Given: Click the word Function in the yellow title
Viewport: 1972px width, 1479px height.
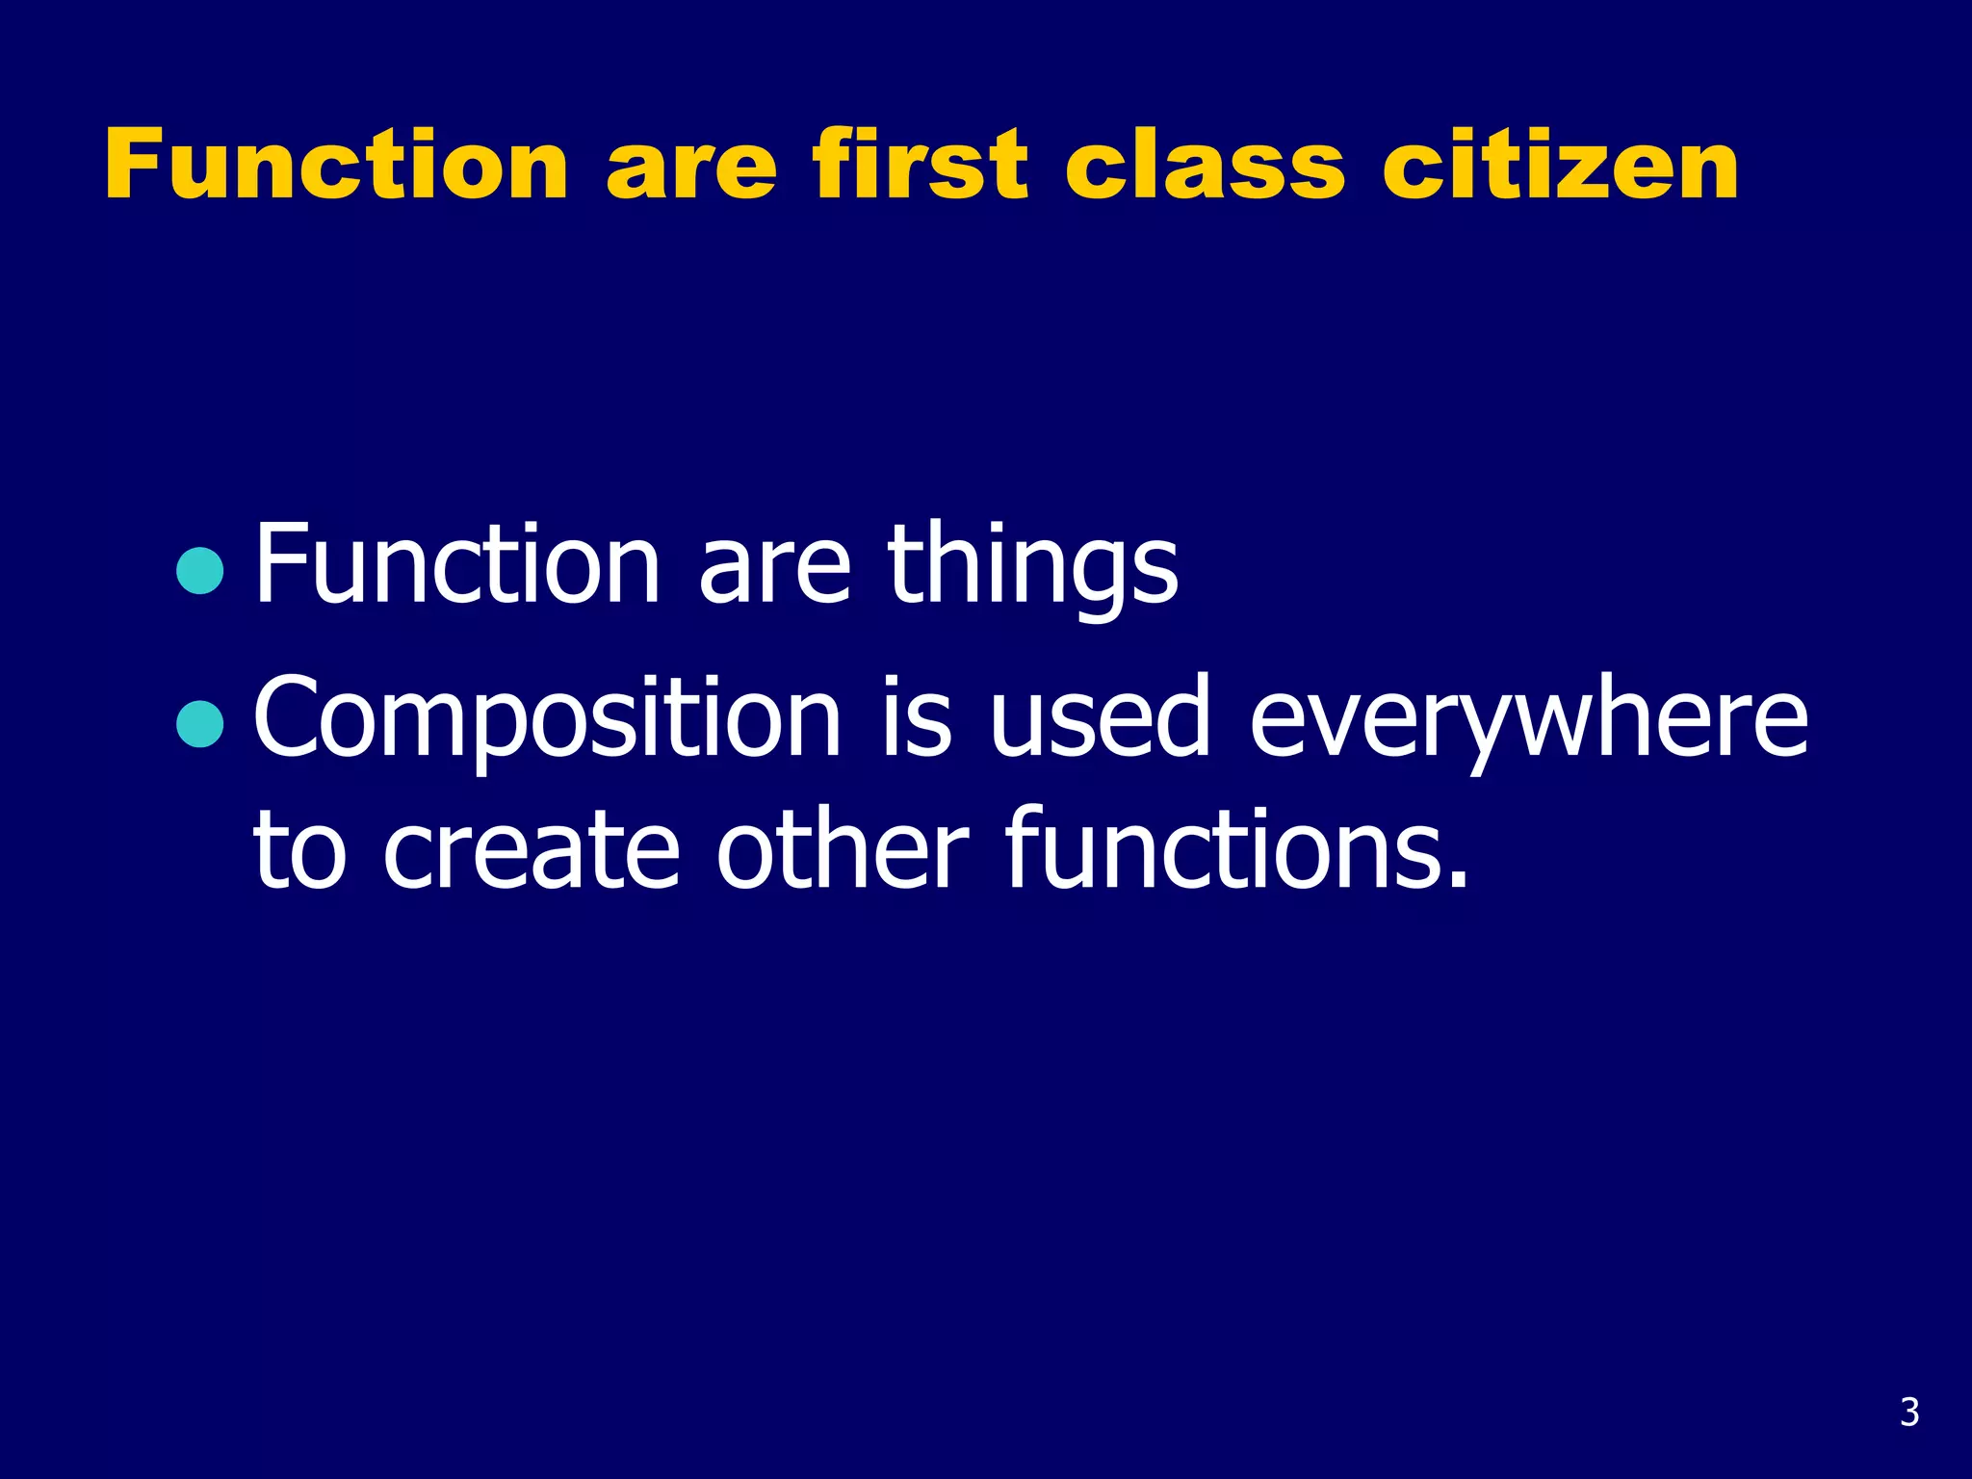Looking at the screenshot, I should click(336, 165).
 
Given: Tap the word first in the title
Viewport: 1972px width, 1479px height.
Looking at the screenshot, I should click(921, 165).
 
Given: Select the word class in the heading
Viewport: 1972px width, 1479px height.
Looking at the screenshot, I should click(1204, 165).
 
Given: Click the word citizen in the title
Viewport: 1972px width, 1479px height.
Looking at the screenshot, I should click(1560, 165).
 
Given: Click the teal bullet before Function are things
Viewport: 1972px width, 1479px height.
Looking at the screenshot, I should click(200, 570).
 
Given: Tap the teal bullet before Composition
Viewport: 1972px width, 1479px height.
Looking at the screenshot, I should click(200, 724).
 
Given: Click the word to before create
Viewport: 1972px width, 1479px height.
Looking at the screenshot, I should click(298, 851).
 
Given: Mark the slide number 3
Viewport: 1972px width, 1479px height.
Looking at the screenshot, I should click(1909, 1412).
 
